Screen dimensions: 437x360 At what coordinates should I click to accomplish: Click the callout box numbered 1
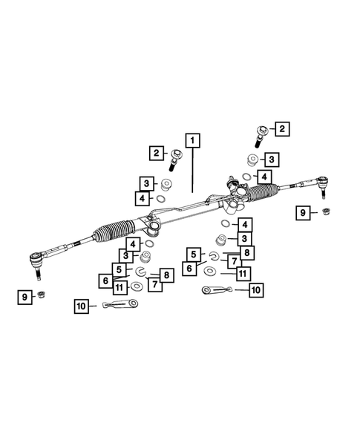(x=193, y=139)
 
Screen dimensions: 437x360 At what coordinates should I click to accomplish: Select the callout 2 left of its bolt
(x=157, y=154)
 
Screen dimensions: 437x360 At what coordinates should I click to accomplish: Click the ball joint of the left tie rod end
(x=35, y=259)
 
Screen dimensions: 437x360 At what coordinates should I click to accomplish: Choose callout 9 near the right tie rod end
(x=304, y=213)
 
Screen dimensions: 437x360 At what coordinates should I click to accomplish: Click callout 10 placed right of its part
(x=255, y=290)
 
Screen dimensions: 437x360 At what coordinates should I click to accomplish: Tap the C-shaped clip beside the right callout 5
(x=212, y=257)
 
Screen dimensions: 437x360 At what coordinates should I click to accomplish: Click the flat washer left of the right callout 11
(x=209, y=272)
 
